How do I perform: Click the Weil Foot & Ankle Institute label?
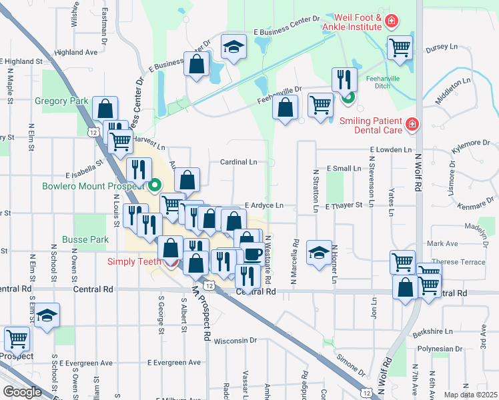pyautogui.click(x=352, y=21)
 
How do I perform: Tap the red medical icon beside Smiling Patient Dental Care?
pyautogui.click(x=412, y=124)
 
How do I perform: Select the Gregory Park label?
pyautogui.click(x=61, y=101)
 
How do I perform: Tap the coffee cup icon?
pyautogui.click(x=253, y=255)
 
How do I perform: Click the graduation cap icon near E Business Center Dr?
pyautogui.click(x=234, y=47)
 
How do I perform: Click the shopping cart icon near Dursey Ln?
pyautogui.click(x=400, y=47)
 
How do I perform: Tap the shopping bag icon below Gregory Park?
pyautogui.click(x=105, y=107)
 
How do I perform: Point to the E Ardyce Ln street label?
pyautogui.click(x=264, y=205)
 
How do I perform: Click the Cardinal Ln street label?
pyautogui.click(x=238, y=162)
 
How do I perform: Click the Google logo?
pyautogui.click(x=22, y=391)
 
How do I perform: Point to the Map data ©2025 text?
pyautogui.click(x=471, y=395)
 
